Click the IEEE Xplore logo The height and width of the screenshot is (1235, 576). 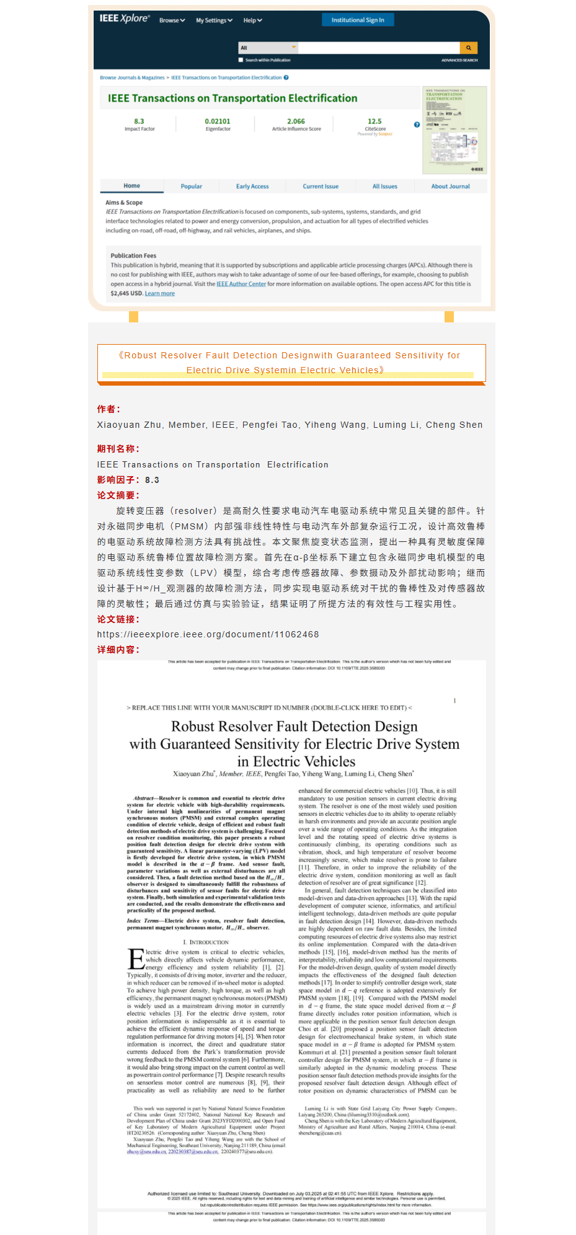pos(125,19)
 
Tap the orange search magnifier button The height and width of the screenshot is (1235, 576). pos(468,48)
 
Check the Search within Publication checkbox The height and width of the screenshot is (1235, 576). pos(241,60)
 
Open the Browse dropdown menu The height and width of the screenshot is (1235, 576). pos(172,20)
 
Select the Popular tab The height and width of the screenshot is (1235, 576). pos(191,186)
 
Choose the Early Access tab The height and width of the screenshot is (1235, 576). pos(252,186)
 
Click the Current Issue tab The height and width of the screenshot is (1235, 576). pos(321,186)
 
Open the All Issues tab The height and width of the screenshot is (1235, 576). pos(384,186)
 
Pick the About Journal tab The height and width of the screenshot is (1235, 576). pos(450,186)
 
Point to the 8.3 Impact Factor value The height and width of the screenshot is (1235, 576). pos(139,122)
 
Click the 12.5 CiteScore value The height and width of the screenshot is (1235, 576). pos(374,122)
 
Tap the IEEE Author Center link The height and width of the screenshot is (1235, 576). pos(241,284)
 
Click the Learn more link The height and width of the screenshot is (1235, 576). pos(159,293)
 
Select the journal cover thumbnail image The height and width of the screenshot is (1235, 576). pos(454,130)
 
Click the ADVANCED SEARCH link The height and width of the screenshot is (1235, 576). pos(459,60)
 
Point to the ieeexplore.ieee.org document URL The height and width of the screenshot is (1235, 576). pos(208,634)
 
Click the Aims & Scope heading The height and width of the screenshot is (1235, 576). pos(124,203)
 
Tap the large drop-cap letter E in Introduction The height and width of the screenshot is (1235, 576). pos(136,958)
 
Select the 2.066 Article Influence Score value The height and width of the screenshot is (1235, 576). pos(296,122)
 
